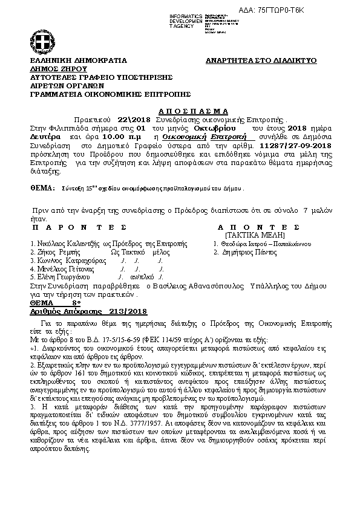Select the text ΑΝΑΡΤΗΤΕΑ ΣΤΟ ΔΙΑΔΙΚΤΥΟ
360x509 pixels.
pyautogui.click(x=261, y=61)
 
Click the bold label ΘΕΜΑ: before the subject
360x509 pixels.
pyautogui.click(x=42, y=189)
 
